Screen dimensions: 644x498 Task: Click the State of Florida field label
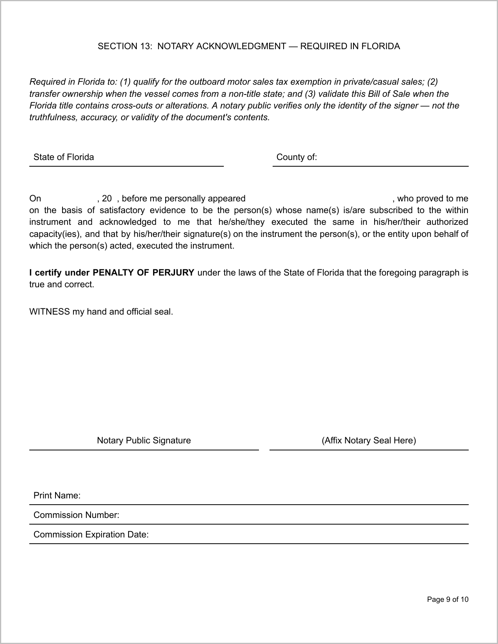click(64, 157)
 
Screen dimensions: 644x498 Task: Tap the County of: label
click(296, 157)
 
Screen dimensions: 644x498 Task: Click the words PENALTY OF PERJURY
click(143, 272)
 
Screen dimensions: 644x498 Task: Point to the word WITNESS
click(49, 311)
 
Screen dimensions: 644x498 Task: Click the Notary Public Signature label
click(144, 440)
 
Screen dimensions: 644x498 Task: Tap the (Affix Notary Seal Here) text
click(369, 440)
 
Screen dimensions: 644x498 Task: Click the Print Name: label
click(57, 495)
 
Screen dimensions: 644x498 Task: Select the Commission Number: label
click(77, 515)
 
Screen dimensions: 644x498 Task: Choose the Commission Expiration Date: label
click(91, 534)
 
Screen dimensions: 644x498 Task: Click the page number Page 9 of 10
click(448, 600)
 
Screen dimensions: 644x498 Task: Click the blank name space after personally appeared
click(318, 198)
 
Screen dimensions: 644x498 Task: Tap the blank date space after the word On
click(69, 198)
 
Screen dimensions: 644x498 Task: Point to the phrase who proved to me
click(432, 198)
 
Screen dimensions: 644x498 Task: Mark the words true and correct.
click(61, 284)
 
